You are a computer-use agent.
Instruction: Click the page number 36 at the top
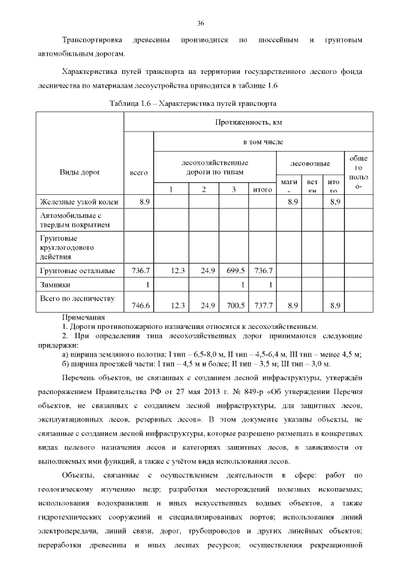click(x=200, y=23)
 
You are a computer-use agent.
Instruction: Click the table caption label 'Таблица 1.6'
click(x=130, y=102)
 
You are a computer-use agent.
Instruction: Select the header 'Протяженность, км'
click(x=248, y=122)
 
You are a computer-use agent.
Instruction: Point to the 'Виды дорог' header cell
click(x=80, y=171)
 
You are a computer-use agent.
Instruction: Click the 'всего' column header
click(x=138, y=171)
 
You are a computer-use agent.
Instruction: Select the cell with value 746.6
click(x=138, y=306)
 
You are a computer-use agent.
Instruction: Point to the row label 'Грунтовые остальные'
click(x=77, y=271)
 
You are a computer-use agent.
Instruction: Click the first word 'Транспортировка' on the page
click(x=94, y=40)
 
